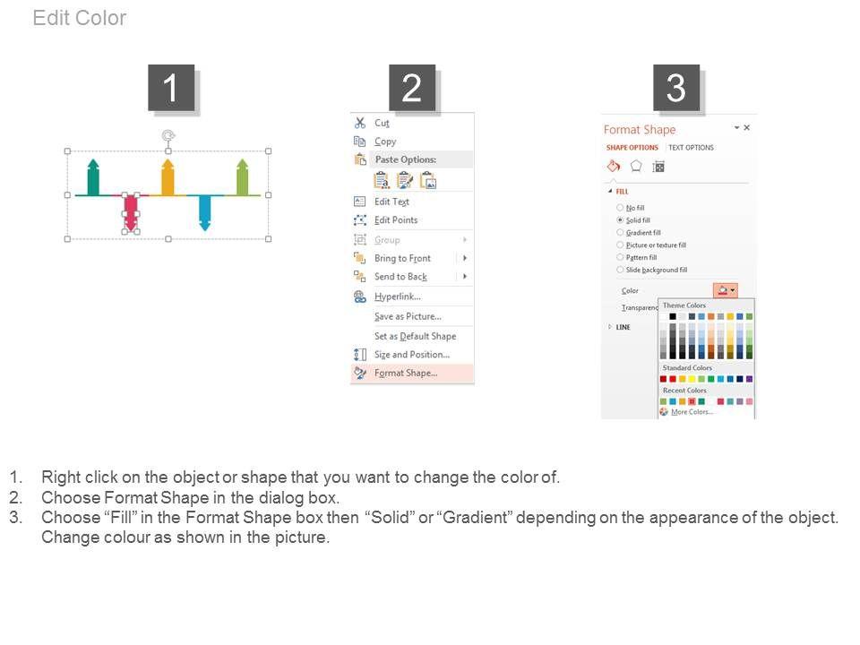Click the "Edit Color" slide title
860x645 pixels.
(80, 18)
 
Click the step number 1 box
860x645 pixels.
(171, 88)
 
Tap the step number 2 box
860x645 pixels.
(412, 88)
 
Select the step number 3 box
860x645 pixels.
(675, 88)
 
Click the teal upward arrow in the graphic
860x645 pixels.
(93, 177)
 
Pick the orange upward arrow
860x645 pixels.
(168, 177)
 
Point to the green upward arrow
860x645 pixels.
(243, 177)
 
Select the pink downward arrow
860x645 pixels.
(131, 213)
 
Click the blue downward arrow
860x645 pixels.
(204, 213)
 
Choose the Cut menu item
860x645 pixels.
(382, 123)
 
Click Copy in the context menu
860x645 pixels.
(385, 142)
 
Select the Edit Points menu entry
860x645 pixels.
(396, 220)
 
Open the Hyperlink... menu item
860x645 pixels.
(398, 297)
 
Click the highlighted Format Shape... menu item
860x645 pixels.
(406, 373)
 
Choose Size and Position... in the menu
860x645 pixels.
(412, 355)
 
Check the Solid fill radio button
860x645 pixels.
(620, 220)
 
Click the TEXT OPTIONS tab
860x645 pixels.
(691, 148)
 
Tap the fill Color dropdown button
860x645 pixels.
(725, 290)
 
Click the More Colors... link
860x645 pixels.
(692, 412)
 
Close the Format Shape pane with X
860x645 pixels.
(746, 128)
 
